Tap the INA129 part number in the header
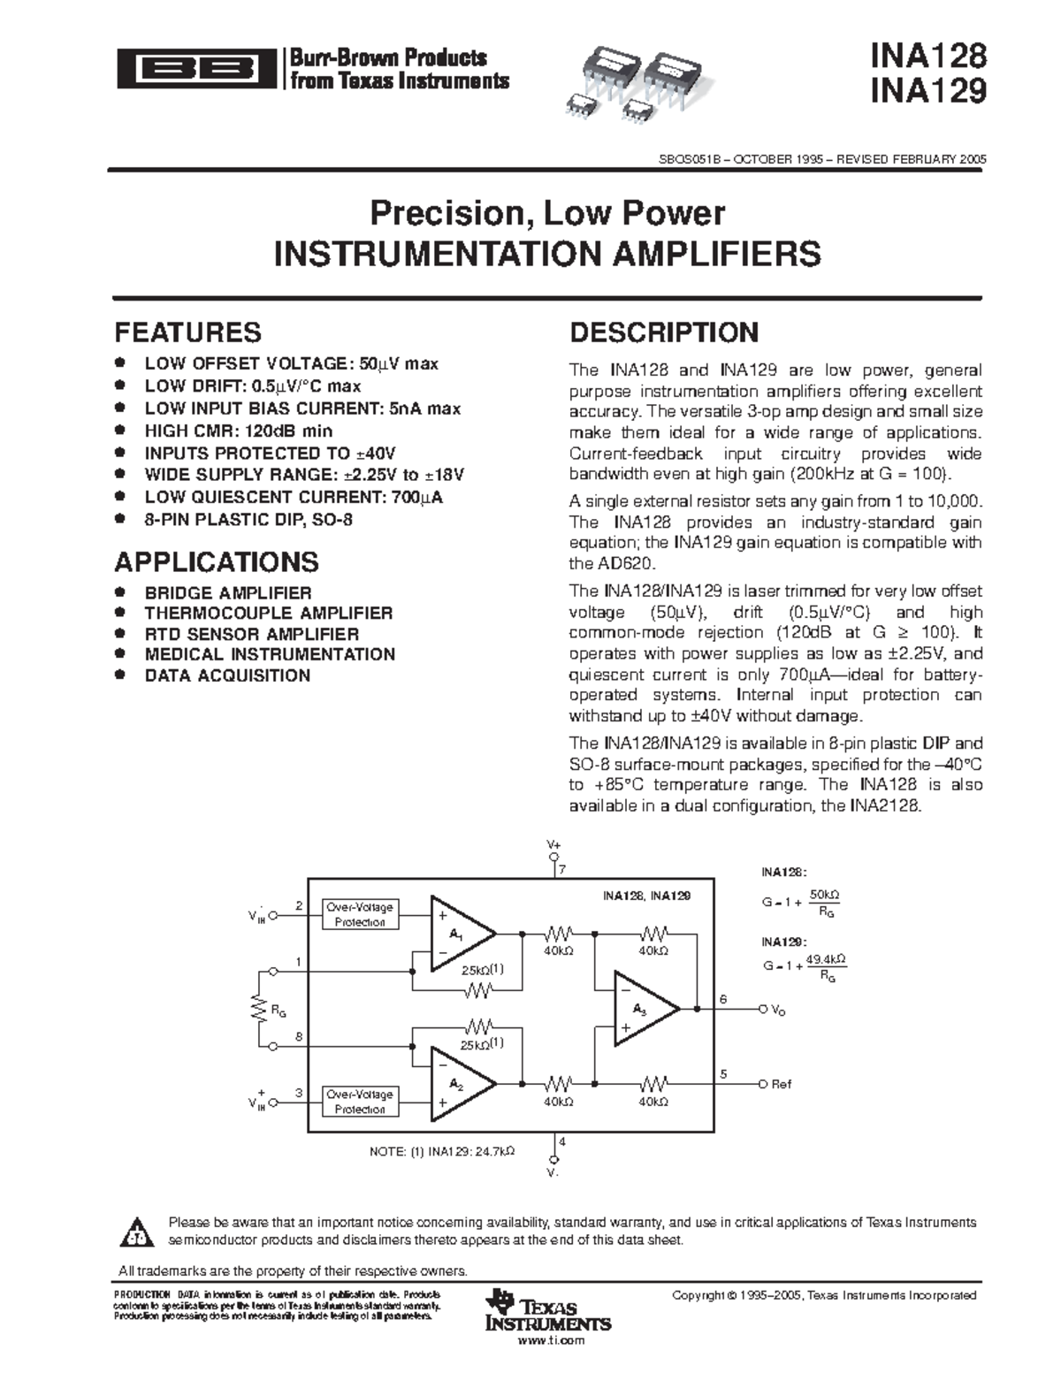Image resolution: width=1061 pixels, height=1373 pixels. [927, 91]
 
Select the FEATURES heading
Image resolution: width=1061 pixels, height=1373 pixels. [187, 332]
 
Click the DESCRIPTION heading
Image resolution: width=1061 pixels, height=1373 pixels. [664, 332]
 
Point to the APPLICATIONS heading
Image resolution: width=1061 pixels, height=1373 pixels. [217, 562]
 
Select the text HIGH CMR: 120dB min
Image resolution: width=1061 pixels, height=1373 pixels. [239, 431]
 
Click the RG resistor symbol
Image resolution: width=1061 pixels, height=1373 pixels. [259, 1009]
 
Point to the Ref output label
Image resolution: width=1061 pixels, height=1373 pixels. [782, 1084]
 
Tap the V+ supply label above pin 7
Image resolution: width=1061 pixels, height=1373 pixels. [553, 845]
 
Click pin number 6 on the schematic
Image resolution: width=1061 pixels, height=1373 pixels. [722, 999]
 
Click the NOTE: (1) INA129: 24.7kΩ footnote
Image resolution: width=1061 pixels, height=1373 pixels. [441, 1152]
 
